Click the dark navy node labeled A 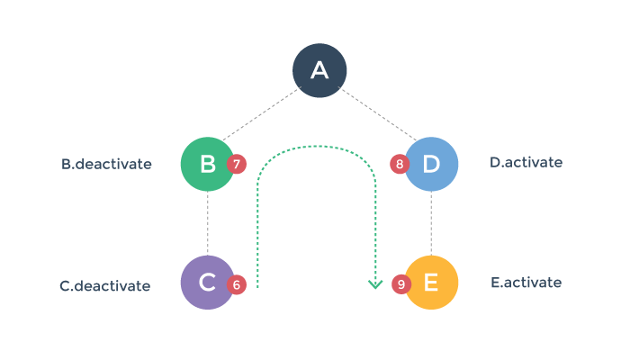pos(319,69)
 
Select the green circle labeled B pos(207,164)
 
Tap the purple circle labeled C pos(207,283)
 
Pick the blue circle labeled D pos(432,164)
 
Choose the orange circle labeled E pos(432,283)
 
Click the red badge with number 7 pos(237,164)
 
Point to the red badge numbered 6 pos(237,283)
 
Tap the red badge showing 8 pos(400,164)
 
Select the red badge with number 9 pos(401,283)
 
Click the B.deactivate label pos(106,165)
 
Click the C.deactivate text pos(105,286)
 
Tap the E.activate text pos(526,283)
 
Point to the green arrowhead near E pos(375,285)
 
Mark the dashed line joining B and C pos(207,223)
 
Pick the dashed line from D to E pos(432,223)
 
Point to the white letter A pos(319,69)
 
